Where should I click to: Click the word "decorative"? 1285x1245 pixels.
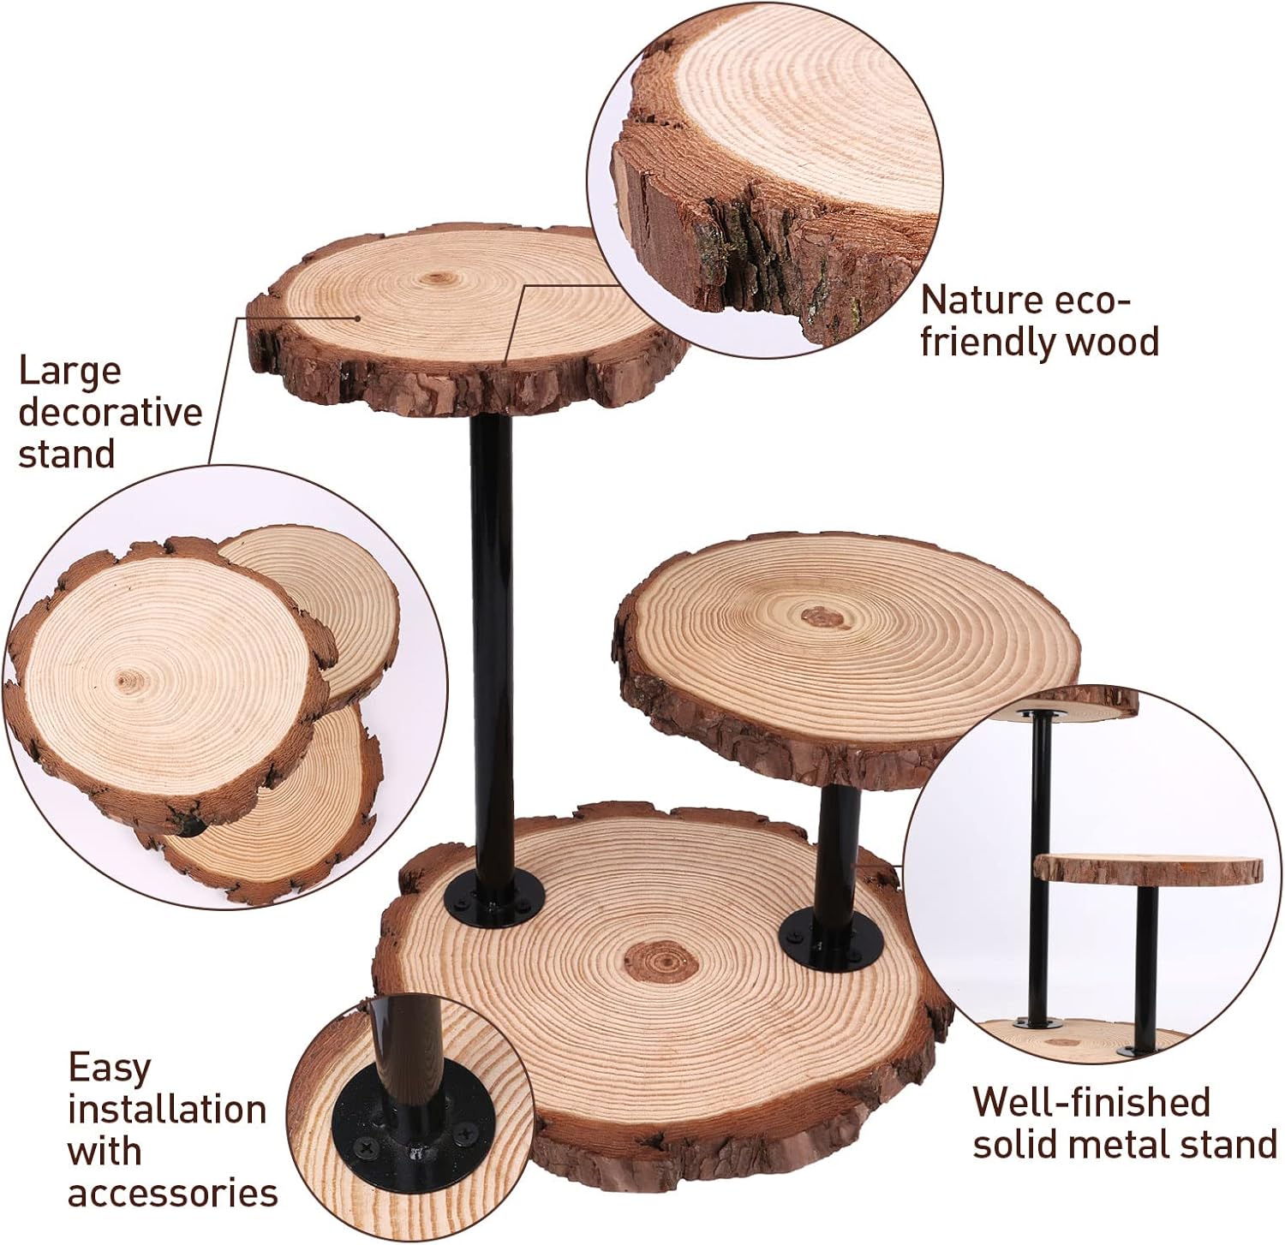[x=111, y=413]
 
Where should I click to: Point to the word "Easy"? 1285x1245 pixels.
[x=110, y=1068]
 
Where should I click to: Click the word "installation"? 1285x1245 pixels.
[x=167, y=1110]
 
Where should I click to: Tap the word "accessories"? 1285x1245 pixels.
[x=172, y=1192]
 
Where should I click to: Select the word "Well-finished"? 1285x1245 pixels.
[x=1091, y=1102]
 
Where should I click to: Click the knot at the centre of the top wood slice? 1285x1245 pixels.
[x=439, y=278]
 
